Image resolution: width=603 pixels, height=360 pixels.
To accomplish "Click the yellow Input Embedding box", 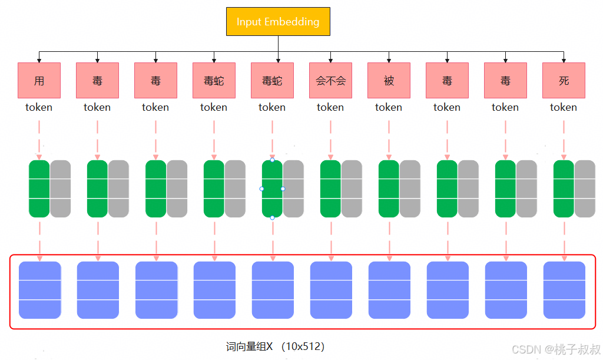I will pyautogui.click(x=278, y=22).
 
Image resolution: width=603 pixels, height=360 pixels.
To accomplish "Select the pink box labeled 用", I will pyautogui.click(x=39, y=81).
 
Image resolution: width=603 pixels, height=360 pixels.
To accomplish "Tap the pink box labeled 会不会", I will pyautogui.click(x=330, y=81).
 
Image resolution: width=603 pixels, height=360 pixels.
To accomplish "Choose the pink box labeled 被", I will pyautogui.click(x=389, y=81).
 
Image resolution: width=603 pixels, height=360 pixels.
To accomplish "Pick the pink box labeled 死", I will pyautogui.click(x=564, y=81).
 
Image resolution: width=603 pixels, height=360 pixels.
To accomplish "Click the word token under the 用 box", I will pyautogui.click(x=39, y=107).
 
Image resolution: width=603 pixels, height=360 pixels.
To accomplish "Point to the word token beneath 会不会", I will pyautogui.click(x=330, y=107).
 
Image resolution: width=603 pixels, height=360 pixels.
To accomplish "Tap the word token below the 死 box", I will pyautogui.click(x=564, y=107).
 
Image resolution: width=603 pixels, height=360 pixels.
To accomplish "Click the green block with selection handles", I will pyautogui.click(x=272, y=189).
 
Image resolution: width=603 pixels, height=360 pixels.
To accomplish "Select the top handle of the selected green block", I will pyautogui.click(x=272, y=160).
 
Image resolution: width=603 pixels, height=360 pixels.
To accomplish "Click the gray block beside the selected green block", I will pyautogui.click(x=293, y=189).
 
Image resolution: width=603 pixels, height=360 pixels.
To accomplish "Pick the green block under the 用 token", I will pyautogui.click(x=39, y=189).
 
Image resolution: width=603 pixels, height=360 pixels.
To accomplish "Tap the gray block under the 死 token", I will pyautogui.click(x=585, y=189).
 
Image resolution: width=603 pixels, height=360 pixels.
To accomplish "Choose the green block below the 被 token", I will pyautogui.click(x=389, y=189).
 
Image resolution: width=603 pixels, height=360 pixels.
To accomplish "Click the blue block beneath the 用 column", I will pyautogui.click(x=40, y=290).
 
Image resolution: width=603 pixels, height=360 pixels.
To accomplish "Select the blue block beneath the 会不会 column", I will pyautogui.click(x=331, y=290).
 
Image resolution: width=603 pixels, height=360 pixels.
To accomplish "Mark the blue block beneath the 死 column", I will pyautogui.click(x=564, y=290).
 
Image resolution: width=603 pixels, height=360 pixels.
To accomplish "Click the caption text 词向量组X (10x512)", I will pyautogui.click(x=276, y=346).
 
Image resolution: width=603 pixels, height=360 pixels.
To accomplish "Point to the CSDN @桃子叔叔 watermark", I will pyautogui.click(x=555, y=349).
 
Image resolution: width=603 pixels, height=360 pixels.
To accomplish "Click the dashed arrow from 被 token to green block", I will pyautogui.click(x=389, y=138).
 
